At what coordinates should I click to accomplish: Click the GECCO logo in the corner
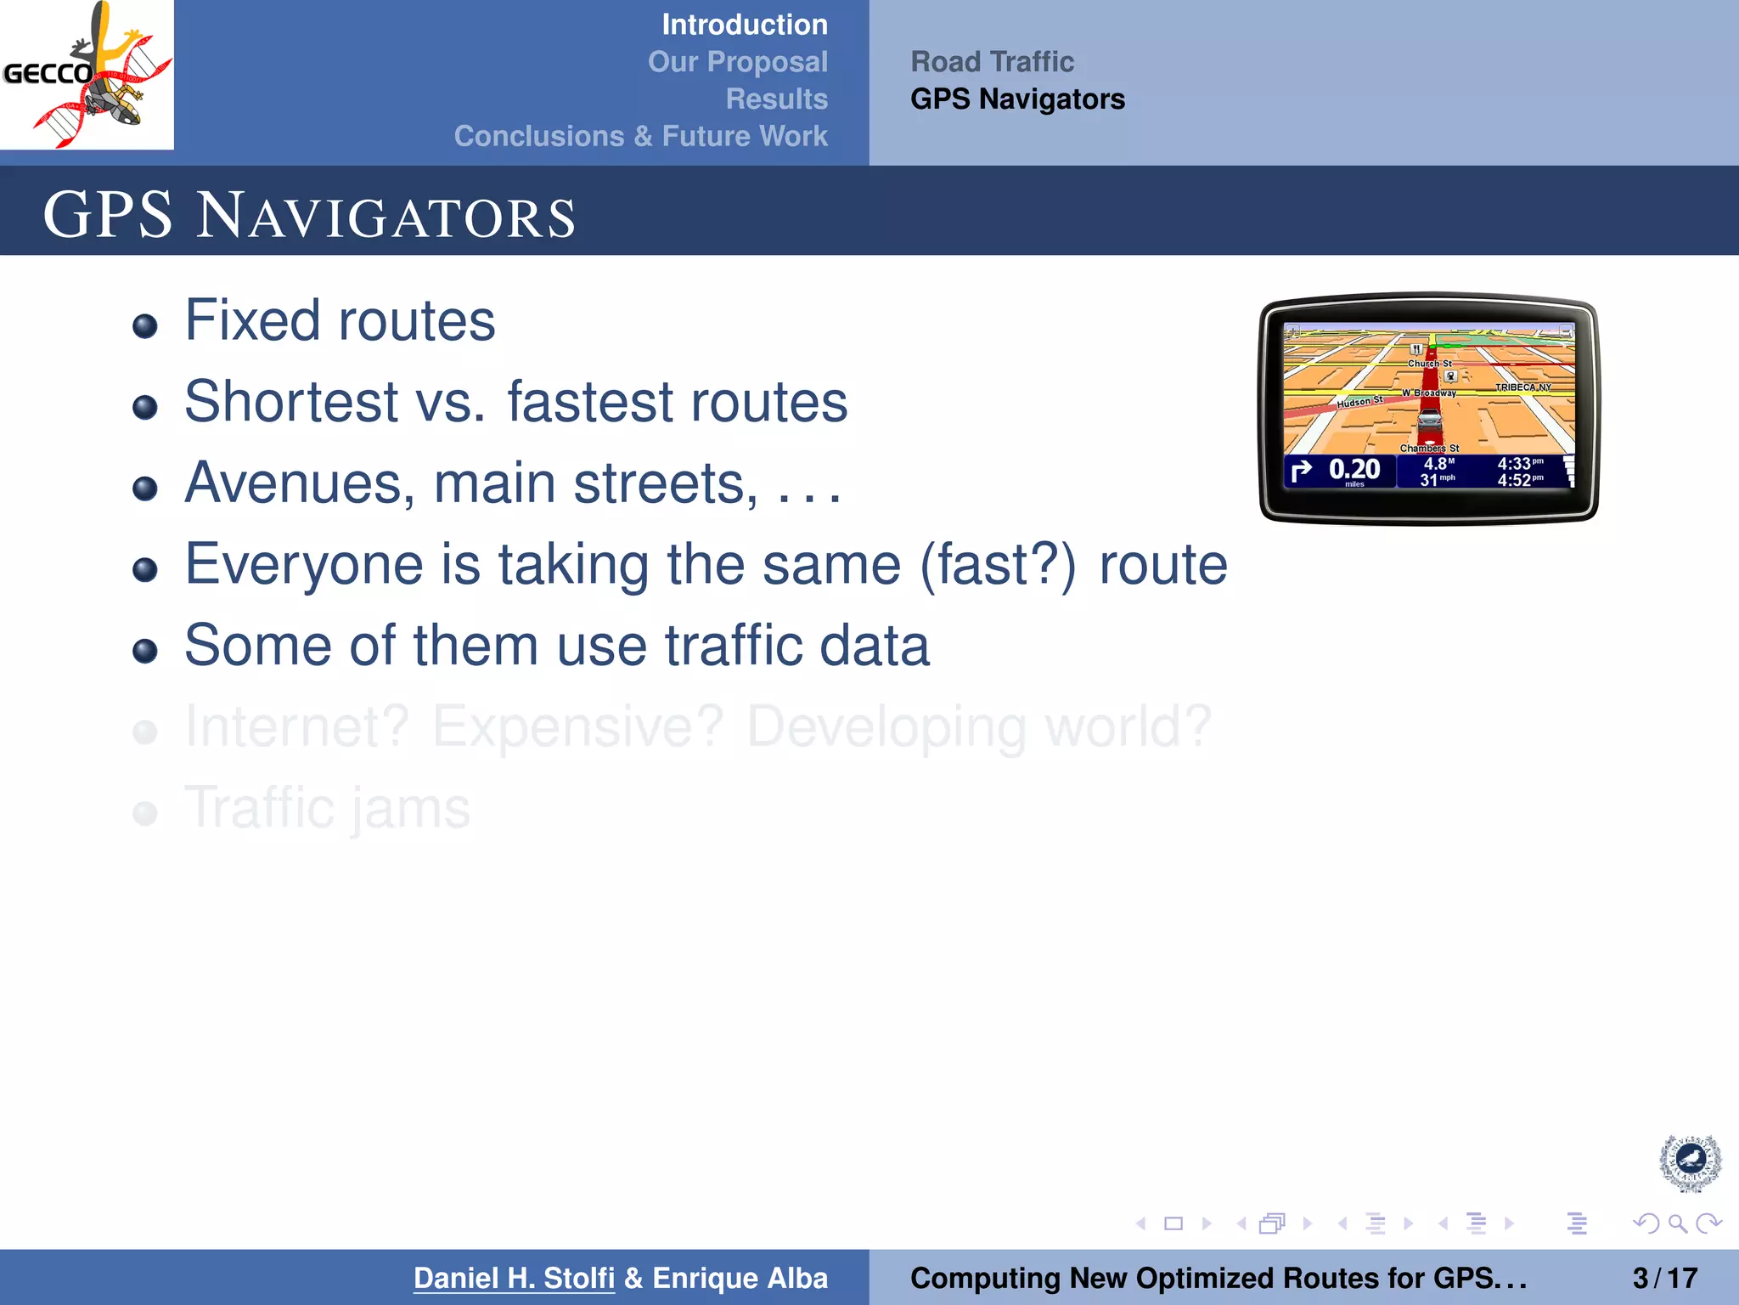87,75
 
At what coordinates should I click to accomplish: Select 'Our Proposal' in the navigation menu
737,62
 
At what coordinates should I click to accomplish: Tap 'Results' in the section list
776,99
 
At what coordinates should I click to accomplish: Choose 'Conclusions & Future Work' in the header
640,136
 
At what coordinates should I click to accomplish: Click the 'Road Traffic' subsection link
992,62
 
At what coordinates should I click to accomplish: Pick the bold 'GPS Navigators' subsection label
1017,99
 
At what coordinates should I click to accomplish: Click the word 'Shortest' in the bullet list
291,402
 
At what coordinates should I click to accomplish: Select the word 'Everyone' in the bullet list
303,564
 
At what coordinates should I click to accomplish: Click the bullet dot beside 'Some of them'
145,651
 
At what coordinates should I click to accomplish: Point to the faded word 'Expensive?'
577,727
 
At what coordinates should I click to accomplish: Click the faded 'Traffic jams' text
327,808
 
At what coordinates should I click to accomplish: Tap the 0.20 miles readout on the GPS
1353,470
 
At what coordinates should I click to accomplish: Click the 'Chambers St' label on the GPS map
1429,448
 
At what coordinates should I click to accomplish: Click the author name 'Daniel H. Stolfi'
514,1278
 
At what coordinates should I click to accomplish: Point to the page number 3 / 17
1664,1278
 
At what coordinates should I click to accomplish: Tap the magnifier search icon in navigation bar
1677,1223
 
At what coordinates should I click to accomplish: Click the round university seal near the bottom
1690,1162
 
